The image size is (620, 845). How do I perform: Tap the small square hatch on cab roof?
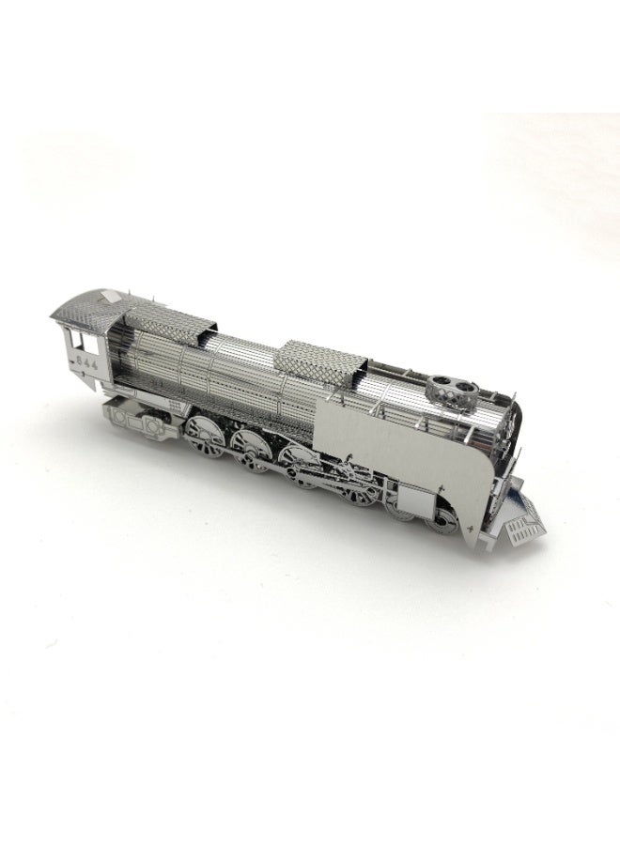point(113,297)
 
